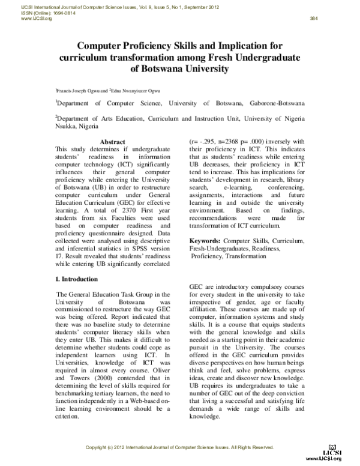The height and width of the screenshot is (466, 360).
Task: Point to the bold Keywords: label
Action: click(208, 257)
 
